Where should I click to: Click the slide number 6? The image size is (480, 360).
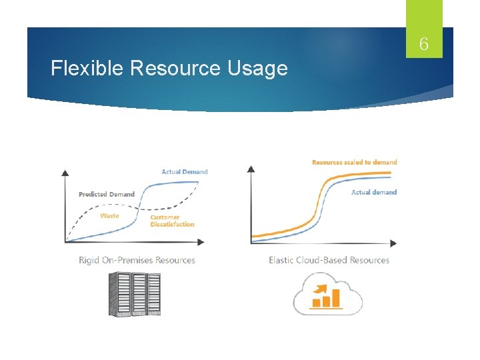[x=423, y=46]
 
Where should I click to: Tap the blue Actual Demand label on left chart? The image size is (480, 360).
[x=185, y=172]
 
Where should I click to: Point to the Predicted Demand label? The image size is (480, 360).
[x=107, y=194]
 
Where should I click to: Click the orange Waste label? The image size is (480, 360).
[x=109, y=216]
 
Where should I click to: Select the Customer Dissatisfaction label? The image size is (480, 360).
[x=172, y=221]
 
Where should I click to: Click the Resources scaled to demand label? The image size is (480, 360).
[x=354, y=162]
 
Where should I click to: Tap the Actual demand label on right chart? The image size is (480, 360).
[x=373, y=192]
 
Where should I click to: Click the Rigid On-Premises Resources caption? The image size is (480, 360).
[x=137, y=260]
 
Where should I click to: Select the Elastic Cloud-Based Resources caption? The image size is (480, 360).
[x=329, y=260]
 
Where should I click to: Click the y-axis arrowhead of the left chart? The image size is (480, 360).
[x=65, y=172]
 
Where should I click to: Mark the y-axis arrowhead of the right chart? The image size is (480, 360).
[x=251, y=169]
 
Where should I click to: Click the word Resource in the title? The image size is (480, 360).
[x=176, y=68]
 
